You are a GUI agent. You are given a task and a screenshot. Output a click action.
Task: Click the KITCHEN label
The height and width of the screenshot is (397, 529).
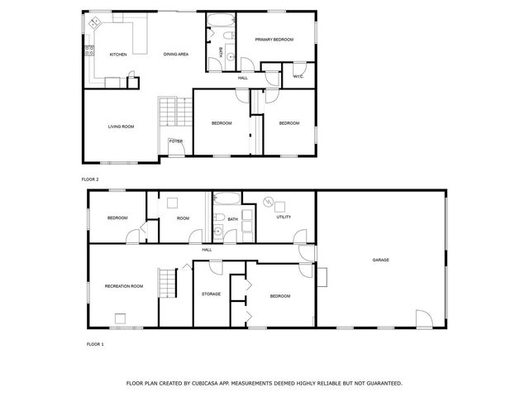118,55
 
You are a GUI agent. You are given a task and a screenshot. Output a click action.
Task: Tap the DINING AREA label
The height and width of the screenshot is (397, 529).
176,55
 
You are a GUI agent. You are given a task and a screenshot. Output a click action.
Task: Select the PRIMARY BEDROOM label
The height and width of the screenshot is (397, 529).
274,39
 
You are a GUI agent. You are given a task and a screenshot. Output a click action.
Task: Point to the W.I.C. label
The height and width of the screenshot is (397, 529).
299,77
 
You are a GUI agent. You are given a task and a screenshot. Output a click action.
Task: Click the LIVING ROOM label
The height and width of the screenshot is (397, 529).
121,127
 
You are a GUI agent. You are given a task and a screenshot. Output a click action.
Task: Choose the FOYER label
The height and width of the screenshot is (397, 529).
176,141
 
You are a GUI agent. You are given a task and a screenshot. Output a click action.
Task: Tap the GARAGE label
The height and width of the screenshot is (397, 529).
380,260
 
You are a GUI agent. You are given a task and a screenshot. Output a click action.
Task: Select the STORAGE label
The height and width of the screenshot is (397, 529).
211,294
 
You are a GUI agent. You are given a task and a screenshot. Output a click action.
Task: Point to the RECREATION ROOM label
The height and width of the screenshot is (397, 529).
124,286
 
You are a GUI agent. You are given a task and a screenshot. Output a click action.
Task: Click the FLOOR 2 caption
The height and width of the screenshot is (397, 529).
90,179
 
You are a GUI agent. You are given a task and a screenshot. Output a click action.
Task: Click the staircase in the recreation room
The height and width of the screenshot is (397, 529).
169,283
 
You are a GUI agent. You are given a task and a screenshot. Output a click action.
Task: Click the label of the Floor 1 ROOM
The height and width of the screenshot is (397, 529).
183,218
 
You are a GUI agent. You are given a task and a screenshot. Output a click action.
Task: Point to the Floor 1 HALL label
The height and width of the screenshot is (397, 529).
207,249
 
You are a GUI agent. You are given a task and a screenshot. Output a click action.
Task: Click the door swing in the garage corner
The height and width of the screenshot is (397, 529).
423,318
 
